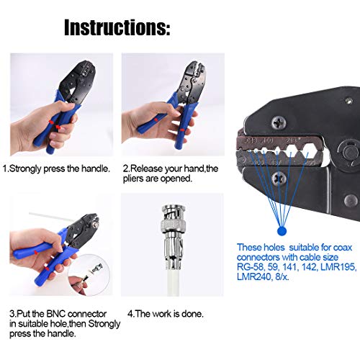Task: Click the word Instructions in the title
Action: point(117,28)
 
